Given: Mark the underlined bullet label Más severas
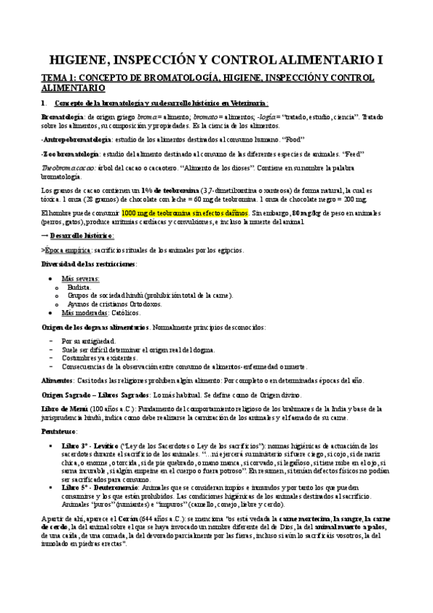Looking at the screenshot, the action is (x=80, y=278).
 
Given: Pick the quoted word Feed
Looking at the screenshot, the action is (x=353, y=154).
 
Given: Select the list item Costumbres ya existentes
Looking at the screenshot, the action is (x=99, y=358).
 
